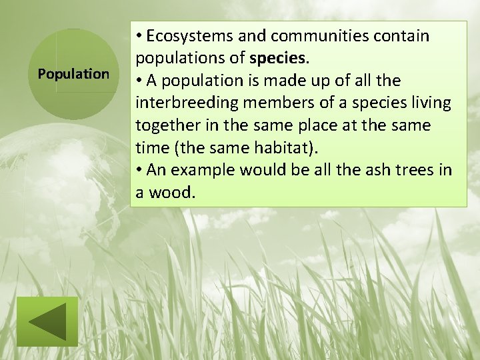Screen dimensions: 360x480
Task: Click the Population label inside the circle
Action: [73, 74]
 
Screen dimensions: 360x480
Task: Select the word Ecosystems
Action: [187, 36]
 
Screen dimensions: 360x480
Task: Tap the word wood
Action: [172, 193]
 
